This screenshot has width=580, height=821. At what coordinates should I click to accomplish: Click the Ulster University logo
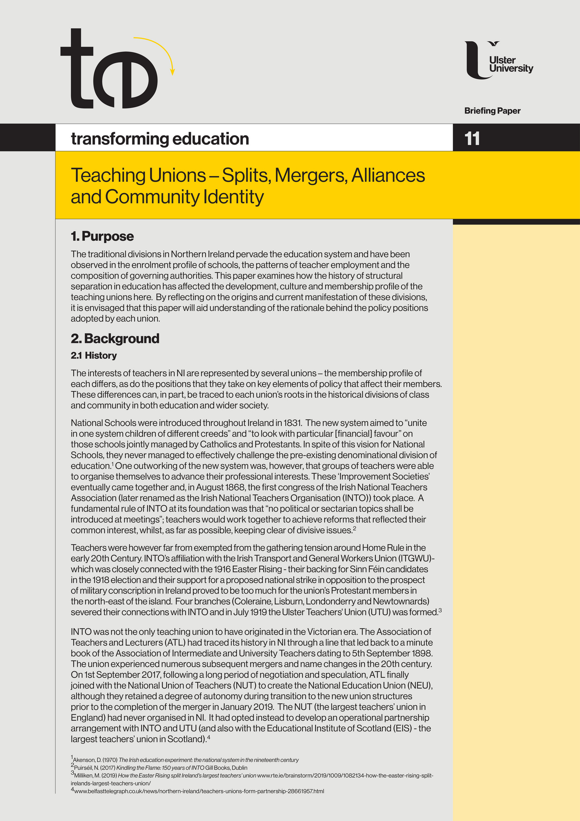(499, 60)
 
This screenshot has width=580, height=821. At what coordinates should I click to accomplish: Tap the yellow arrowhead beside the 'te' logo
(173, 71)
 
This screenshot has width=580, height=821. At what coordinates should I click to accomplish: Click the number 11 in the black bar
(472, 138)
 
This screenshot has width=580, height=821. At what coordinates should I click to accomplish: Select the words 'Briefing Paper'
(492, 111)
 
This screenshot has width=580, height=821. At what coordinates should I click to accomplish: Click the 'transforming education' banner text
(160, 139)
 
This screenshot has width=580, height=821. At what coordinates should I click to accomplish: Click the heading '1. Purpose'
(102, 236)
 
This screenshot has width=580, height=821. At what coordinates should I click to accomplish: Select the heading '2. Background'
(115, 338)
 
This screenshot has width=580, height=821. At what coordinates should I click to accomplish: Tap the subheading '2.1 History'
(94, 355)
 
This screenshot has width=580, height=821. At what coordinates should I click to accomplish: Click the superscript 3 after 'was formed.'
(440, 610)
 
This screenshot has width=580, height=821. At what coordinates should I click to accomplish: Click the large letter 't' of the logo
(77, 68)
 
